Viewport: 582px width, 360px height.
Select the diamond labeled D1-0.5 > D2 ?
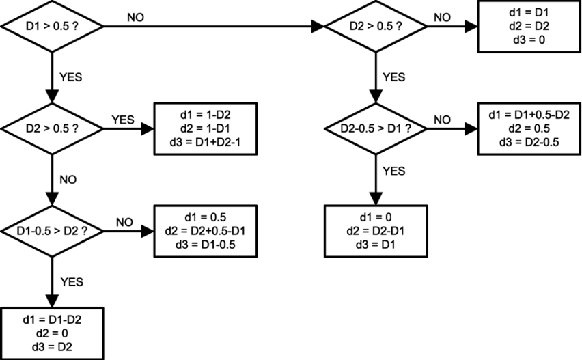52,230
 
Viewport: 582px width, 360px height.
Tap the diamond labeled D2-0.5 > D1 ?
375,128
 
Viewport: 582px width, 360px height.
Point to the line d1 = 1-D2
206,113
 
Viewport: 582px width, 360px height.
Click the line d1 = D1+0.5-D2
529,113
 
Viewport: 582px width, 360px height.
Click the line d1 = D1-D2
52,319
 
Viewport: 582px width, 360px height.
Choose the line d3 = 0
529,40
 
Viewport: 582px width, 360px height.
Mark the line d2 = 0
52,333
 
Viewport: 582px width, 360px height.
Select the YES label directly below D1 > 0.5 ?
70,77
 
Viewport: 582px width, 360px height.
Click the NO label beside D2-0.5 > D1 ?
442,120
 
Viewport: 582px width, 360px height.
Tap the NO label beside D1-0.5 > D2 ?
124,222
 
